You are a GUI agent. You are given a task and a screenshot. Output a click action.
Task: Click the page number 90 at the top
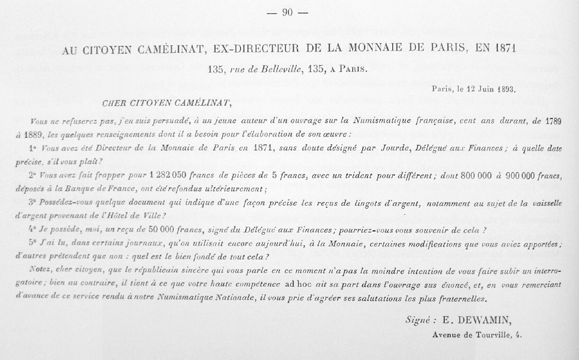tap(287, 13)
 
